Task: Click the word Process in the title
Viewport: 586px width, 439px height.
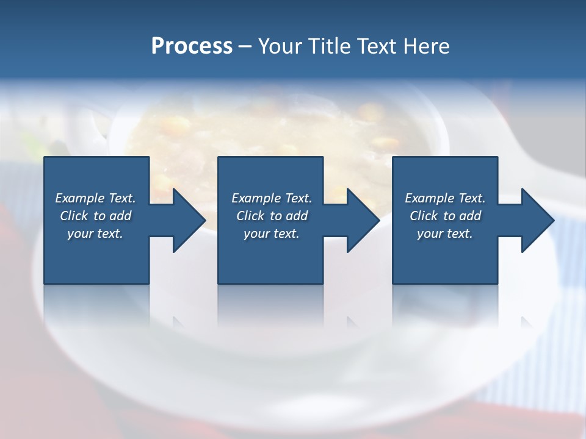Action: tap(192, 46)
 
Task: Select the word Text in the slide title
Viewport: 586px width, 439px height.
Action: tap(377, 46)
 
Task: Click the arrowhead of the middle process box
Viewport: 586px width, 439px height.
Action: tap(362, 220)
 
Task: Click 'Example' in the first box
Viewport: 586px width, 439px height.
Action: tap(80, 198)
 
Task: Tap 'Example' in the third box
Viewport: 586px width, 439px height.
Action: tap(430, 198)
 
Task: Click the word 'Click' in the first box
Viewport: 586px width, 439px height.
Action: tap(74, 216)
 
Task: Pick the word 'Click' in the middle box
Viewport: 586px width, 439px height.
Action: tap(250, 216)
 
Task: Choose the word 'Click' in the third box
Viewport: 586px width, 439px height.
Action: tap(424, 216)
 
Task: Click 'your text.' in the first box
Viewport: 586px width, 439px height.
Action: tap(95, 234)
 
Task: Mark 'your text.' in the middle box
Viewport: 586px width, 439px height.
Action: tap(272, 234)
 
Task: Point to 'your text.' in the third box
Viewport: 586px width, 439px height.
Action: tap(445, 234)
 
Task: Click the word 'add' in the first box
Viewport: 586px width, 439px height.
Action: tap(121, 216)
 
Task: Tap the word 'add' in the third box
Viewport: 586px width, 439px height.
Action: tap(471, 216)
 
